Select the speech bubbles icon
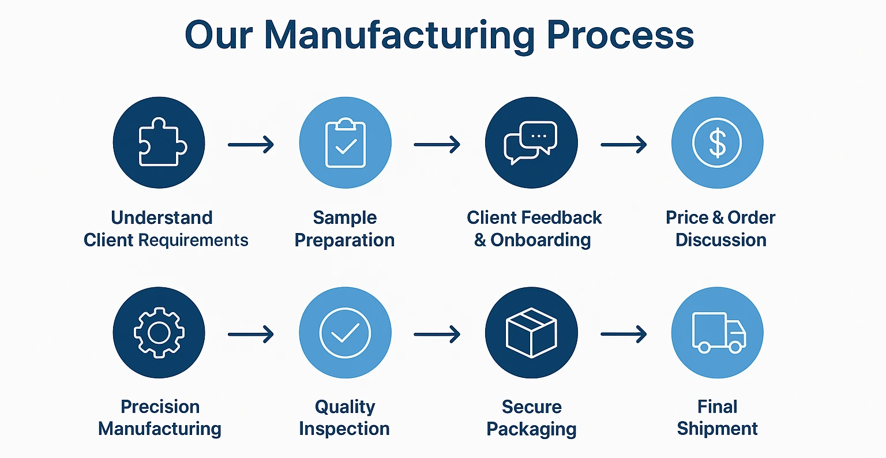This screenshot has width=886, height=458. pyautogui.click(x=531, y=143)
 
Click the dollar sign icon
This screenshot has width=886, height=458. pyautogui.click(x=717, y=143)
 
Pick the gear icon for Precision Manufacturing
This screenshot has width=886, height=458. pyautogui.click(x=159, y=333)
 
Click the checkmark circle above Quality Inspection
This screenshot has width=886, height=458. pyautogui.click(x=345, y=333)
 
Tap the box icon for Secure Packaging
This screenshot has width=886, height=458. pyautogui.click(x=531, y=333)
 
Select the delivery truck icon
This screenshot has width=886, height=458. pyautogui.click(x=717, y=332)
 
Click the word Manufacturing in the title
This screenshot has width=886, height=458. pyautogui.click(x=400, y=36)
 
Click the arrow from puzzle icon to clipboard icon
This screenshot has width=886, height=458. pyautogui.click(x=251, y=144)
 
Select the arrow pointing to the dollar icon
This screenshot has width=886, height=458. pyautogui.click(x=624, y=144)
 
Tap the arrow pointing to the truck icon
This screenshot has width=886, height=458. pyautogui.click(x=624, y=334)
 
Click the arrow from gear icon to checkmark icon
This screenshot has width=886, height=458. pyautogui.click(x=251, y=334)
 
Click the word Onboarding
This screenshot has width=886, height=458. pyautogui.click(x=540, y=241)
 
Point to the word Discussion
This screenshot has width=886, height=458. pyautogui.click(x=720, y=240)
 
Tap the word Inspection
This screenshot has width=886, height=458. pyautogui.click(x=344, y=429)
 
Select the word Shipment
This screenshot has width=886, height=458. pyautogui.click(x=717, y=429)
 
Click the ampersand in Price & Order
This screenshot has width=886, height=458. pyautogui.click(x=718, y=217)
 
